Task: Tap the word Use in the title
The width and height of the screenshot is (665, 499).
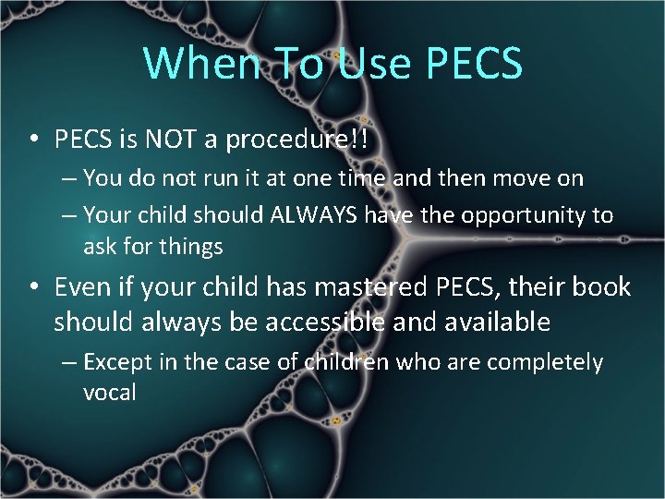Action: coord(374,62)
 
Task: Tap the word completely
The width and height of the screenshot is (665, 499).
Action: coord(545,362)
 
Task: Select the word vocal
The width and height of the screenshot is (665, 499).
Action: coord(109,392)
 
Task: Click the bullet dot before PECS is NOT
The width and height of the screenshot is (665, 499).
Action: coord(33,140)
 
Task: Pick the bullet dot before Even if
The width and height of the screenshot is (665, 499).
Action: coord(33,288)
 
